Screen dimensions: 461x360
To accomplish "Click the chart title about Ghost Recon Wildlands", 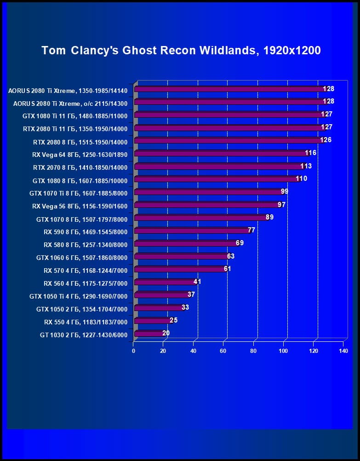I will pos(181,51).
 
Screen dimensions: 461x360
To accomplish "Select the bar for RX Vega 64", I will pos(221,153).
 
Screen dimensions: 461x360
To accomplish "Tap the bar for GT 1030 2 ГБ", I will pos(149,334).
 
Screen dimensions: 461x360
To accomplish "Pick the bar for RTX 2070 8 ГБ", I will pos(218,166).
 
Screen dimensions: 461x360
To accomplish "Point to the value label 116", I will pos(311,153).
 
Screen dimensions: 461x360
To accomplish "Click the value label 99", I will pos(284,191).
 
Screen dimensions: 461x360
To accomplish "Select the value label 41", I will pos(197,282).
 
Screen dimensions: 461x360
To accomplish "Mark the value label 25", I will pos(173,320).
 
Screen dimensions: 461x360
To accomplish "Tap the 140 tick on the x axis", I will pos(343,351).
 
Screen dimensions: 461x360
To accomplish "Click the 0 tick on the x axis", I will pos(134,351).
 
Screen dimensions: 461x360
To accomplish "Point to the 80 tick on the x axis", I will pos(253,351).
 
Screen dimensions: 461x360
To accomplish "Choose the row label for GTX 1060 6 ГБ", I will pos(82,258).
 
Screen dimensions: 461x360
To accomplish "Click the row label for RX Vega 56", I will pos(80,206).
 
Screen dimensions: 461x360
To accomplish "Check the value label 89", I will pos(269,217).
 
